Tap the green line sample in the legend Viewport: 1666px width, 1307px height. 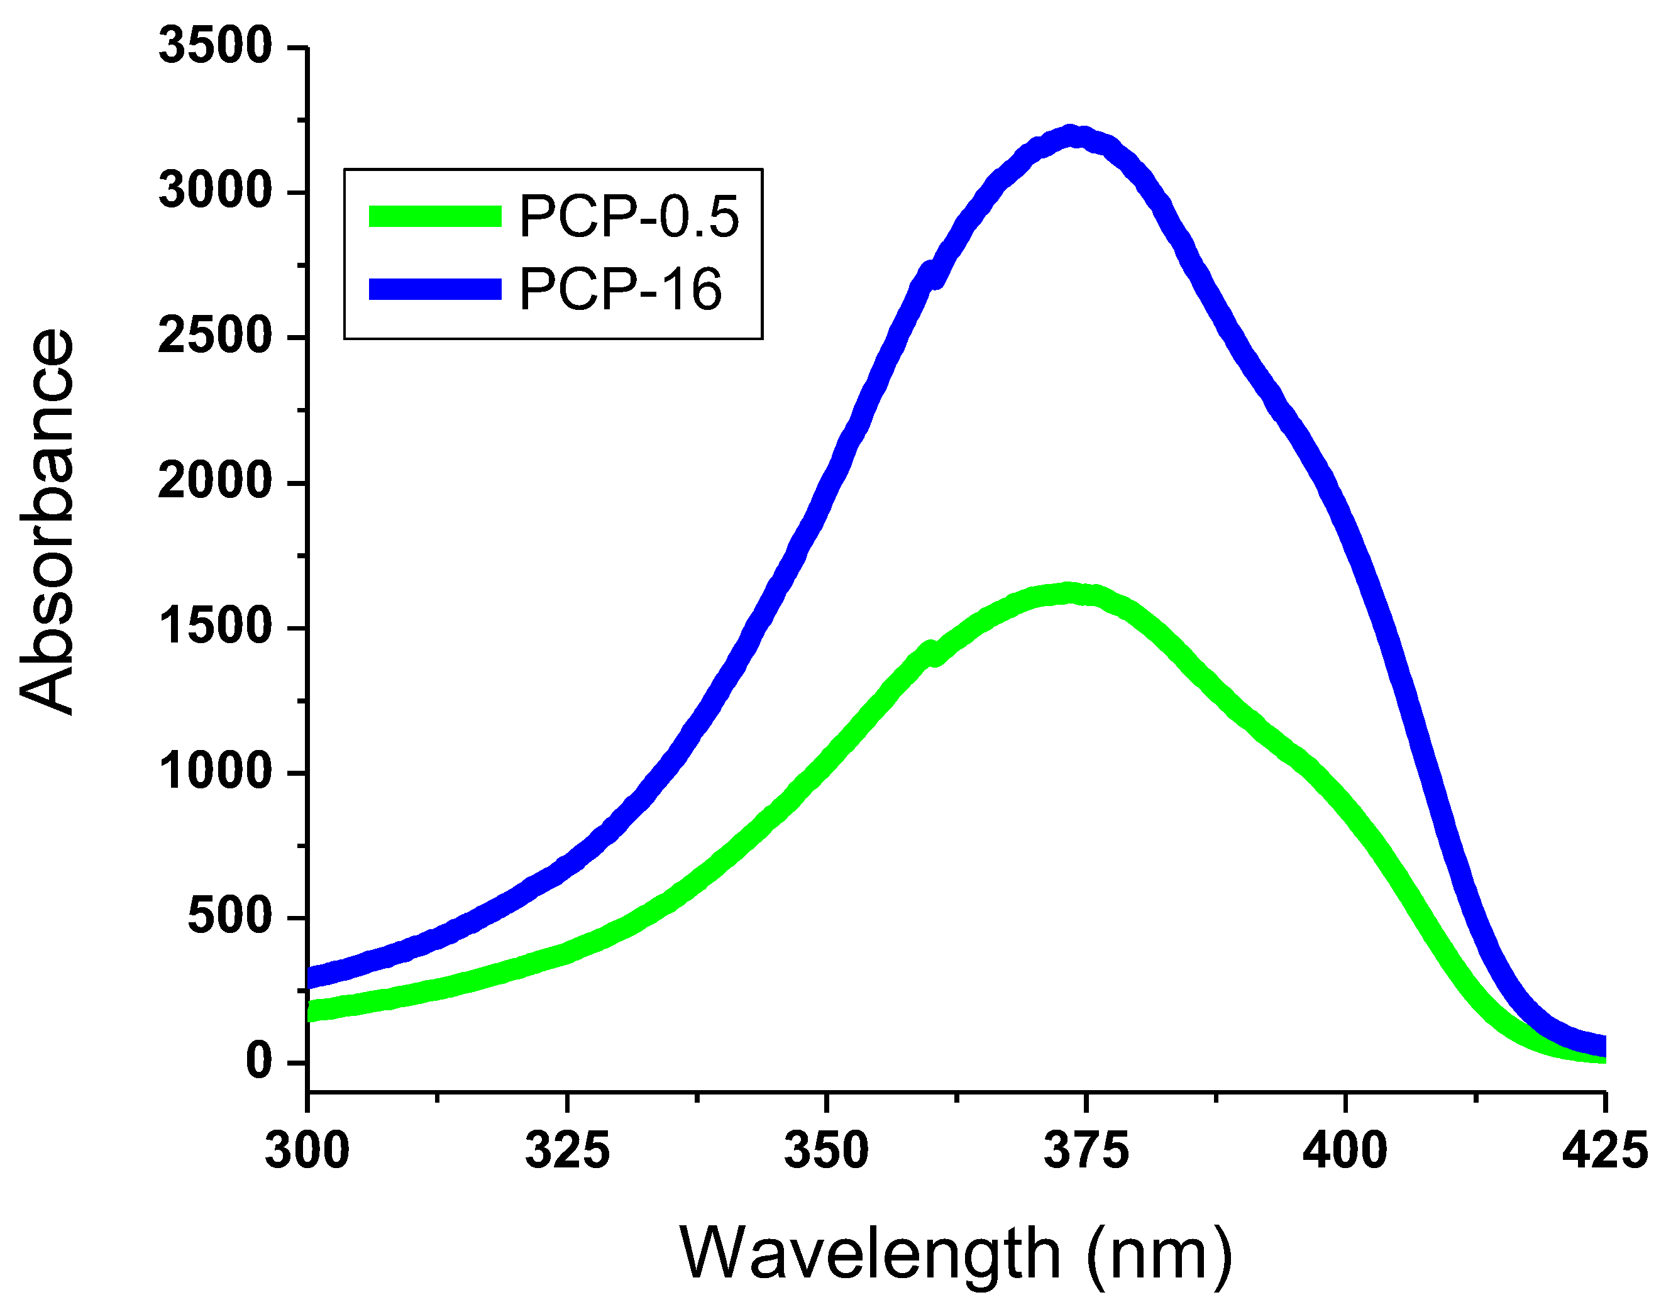434,216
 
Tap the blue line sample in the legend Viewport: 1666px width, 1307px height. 434,289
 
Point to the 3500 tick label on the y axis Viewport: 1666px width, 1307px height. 215,45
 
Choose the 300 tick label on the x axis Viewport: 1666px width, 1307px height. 307,1149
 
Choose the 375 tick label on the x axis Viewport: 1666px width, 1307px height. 1086,1149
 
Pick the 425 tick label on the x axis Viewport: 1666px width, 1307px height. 1604,1149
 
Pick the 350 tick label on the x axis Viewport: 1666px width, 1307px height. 827,1149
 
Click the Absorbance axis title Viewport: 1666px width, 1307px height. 47,522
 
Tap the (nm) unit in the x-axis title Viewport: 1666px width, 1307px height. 1159,1254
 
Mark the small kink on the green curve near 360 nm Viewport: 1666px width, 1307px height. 931,653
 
